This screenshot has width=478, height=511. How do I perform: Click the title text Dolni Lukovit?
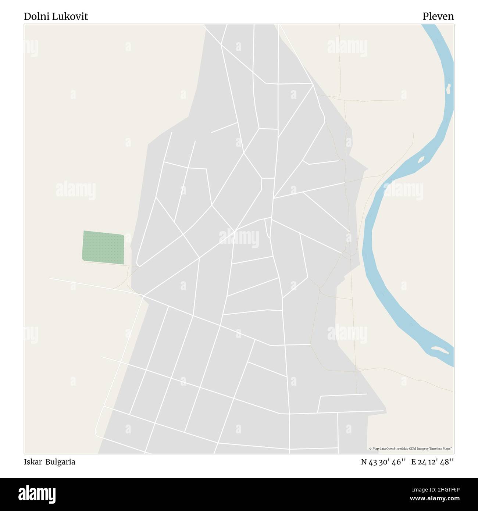(56, 17)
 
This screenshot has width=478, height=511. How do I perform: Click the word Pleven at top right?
(438, 17)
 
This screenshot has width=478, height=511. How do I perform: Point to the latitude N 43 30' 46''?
(383, 462)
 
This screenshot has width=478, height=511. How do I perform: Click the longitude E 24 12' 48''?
(432, 462)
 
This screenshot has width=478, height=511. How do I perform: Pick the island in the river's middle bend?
(421, 159)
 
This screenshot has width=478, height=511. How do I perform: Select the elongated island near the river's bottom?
(439, 350)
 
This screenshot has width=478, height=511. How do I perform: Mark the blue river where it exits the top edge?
(430, 26)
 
